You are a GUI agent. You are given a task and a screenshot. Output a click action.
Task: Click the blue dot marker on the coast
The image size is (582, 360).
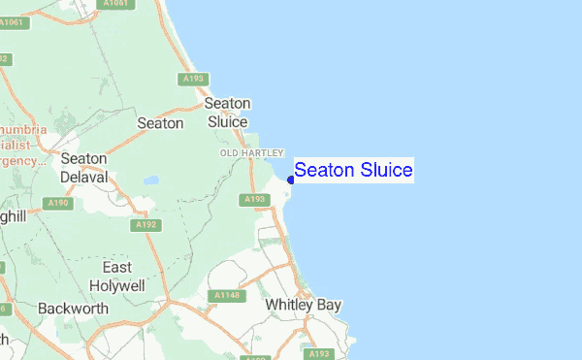point(291,180)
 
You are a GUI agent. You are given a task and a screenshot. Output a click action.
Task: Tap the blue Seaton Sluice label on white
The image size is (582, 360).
point(353,171)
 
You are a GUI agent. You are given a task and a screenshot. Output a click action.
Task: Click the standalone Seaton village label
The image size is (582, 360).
point(160,123)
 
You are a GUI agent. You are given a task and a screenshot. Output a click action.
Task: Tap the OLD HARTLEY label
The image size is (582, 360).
point(251,153)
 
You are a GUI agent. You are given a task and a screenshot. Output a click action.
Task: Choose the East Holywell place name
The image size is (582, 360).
point(116,277)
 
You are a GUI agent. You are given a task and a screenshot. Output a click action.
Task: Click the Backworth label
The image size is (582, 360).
point(69,309)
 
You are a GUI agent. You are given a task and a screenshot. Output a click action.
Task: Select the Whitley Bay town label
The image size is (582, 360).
point(304,305)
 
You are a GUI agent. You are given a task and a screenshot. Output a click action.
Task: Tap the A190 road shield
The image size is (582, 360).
point(57,203)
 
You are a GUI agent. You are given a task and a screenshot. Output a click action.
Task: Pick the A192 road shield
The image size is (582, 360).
point(147,225)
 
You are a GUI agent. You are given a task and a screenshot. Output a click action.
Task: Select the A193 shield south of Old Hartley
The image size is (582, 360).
point(254,199)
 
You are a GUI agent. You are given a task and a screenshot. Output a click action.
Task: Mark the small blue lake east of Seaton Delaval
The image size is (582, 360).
point(150,180)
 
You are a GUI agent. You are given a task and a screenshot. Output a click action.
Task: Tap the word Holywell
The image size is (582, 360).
point(116,286)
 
